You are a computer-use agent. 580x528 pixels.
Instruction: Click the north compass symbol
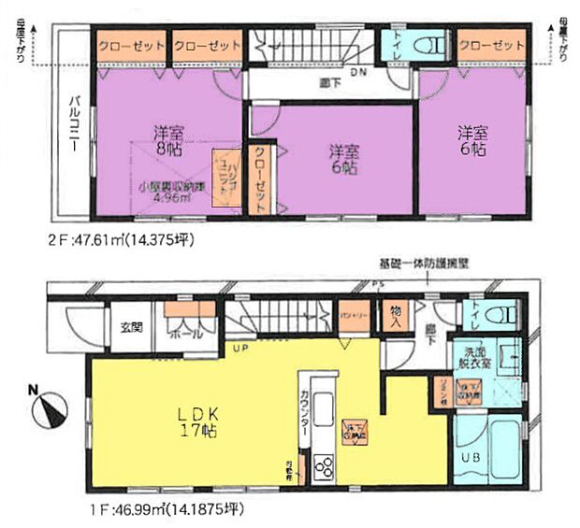[51, 408]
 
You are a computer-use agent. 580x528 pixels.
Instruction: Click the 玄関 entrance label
[130, 326]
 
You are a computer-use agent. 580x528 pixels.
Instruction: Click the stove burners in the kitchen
[324, 464]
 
